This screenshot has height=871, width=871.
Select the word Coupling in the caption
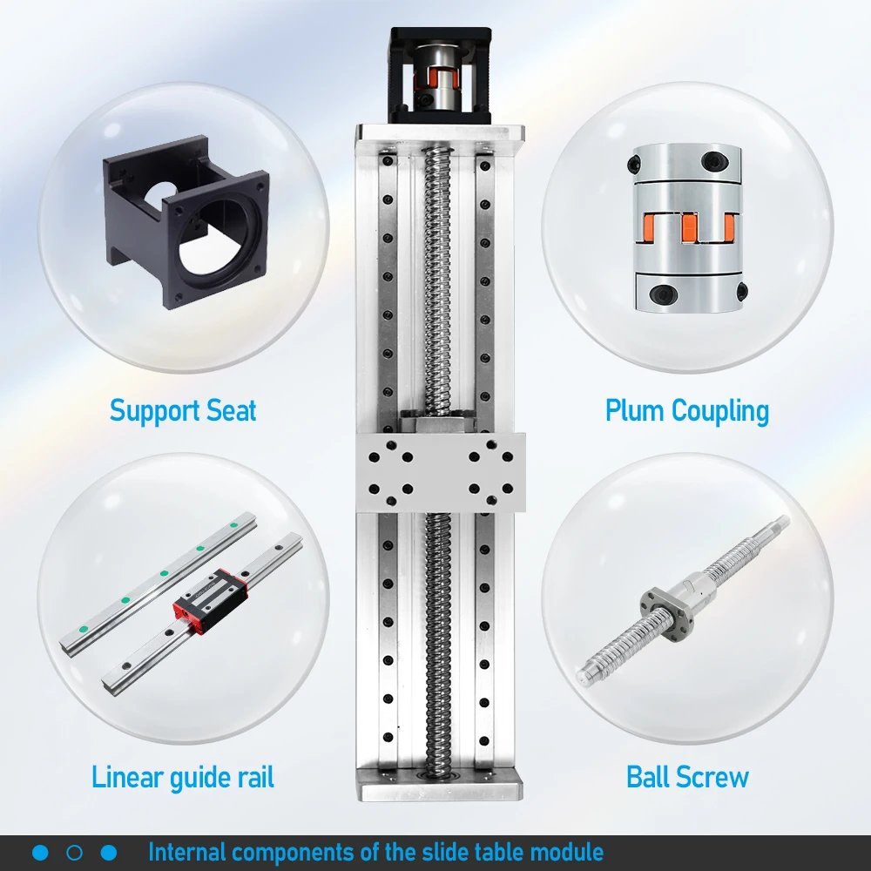coord(720,412)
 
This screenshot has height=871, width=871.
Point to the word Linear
coord(126,777)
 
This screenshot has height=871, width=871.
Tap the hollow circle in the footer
coord(74,853)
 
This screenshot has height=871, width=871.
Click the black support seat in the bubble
coord(186,221)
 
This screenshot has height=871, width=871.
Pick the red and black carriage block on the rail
coord(210,601)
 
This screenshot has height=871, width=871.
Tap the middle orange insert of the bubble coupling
coord(689,226)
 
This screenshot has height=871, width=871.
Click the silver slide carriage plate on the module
coord(441,472)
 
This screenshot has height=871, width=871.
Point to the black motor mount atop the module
coord(441,75)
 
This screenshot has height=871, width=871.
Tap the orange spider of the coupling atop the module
coord(436,79)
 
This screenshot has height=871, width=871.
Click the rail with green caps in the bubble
coord(158,584)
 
